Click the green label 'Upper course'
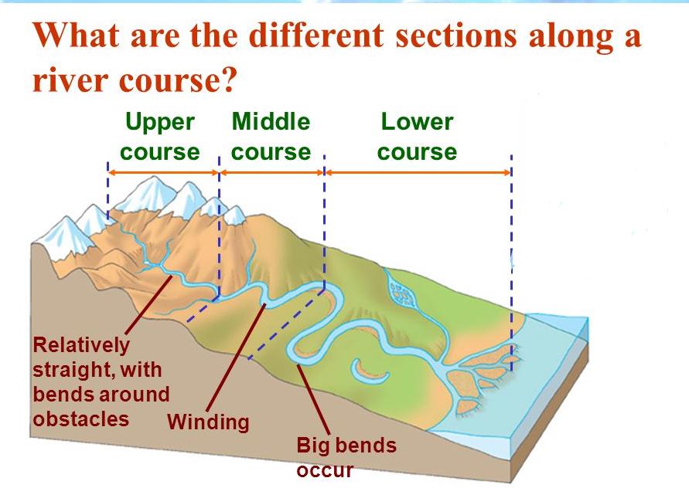pos(160,137)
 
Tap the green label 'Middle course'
pos(271,137)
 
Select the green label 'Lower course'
pos(417,137)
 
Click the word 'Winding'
pos(208,422)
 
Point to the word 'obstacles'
pos(81,419)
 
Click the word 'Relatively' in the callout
pos(82,345)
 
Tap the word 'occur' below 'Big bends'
pos(325,470)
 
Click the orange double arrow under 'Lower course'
pos(418,172)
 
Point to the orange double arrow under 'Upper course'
pos(163,172)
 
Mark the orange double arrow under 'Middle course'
pos(272,172)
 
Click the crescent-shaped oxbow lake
pos(368,377)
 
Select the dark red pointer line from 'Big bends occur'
pos(314,399)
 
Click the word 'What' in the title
pos(76,35)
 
